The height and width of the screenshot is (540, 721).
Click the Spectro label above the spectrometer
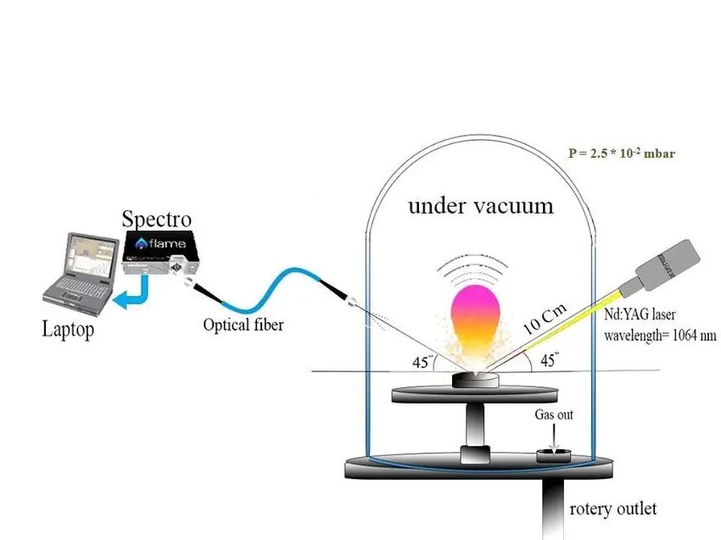point(156,218)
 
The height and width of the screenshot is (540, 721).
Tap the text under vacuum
point(480,205)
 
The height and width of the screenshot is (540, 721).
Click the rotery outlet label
point(612,509)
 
